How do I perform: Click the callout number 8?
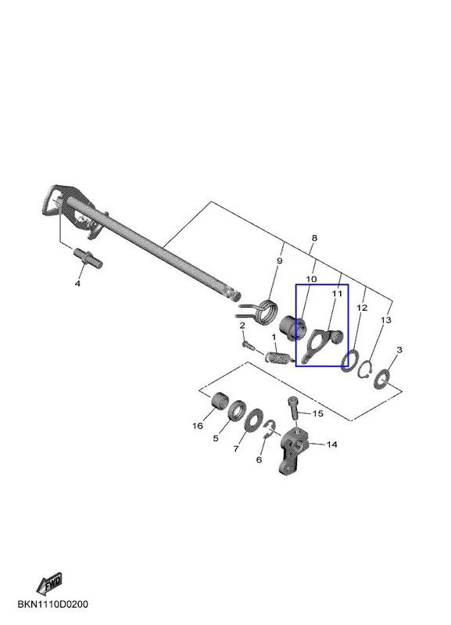[x=314, y=238]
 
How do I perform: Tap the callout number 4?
[x=77, y=284]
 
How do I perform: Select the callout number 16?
[x=198, y=426]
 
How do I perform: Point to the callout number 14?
[x=331, y=445]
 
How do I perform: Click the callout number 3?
[x=399, y=349]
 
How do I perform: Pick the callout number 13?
[x=386, y=320]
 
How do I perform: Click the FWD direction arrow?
[x=49, y=584]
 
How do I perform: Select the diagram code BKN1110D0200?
[x=53, y=605]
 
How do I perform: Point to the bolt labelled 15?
[x=292, y=407]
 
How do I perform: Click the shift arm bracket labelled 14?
[x=294, y=451]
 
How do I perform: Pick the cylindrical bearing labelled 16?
[x=218, y=400]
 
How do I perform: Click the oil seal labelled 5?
[x=237, y=410]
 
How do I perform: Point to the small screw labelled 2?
[x=248, y=344]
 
